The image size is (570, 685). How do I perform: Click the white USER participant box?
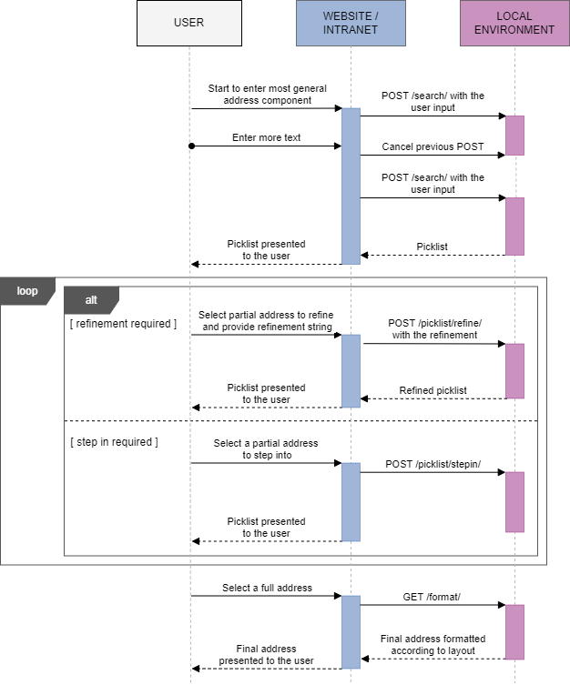pyautogui.click(x=188, y=23)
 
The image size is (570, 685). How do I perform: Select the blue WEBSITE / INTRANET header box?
pyautogui.click(x=351, y=23)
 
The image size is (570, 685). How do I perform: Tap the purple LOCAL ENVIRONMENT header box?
pyautogui.click(x=514, y=23)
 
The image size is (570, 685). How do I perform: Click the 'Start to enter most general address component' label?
pyautogui.click(x=267, y=95)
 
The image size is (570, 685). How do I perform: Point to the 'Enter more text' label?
pyautogui.click(x=266, y=137)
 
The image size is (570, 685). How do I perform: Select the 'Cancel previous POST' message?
pyautogui.click(x=433, y=146)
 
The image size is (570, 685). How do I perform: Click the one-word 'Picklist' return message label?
pyautogui.click(x=432, y=247)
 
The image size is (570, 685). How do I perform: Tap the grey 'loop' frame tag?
pyautogui.click(x=27, y=291)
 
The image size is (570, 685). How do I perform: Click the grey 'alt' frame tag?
pyautogui.click(x=91, y=299)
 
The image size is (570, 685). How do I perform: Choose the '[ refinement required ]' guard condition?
pyautogui.click(x=123, y=324)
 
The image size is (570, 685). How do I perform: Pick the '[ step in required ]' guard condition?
pyautogui.click(x=114, y=442)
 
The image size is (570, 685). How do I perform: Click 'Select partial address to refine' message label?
pyautogui.click(x=266, y=320)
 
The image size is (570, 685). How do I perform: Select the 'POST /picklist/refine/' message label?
pyautogui.click(x=434, y=328)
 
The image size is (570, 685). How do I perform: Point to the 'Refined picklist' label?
pyautogui.click(x=433, y=390)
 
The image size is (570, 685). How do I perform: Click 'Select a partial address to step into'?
pyautogui.click(x=266, y=448)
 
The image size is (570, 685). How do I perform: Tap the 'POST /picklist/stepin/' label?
pyautogui.click(x=433, y=464)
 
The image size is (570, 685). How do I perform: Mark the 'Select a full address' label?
pyautogui.click(x=267, y=588)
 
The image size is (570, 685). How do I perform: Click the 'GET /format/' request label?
pyautogui.click(x=433, y=597)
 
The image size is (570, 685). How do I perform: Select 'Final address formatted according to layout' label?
pyautogui.click(x=433, y=645)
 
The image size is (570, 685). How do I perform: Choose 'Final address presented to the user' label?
pyautogui.click(x=266, y=655)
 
